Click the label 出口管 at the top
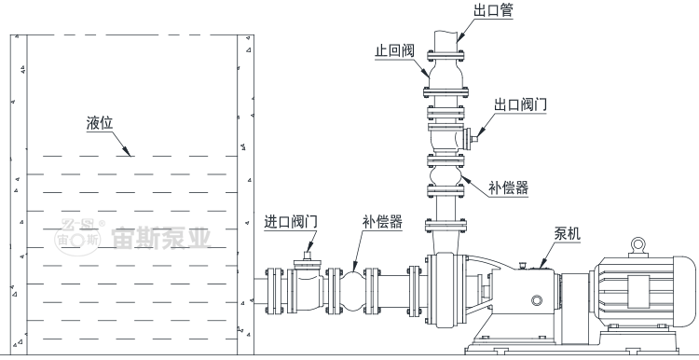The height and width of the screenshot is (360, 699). tap(494, 10)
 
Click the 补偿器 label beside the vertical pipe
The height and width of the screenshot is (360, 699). tap(509, 187)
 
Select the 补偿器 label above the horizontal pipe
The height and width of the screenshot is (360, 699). tap(382, 222)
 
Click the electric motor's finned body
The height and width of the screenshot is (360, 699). tap(643, 297)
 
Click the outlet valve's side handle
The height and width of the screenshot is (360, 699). tap(473, 138)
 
